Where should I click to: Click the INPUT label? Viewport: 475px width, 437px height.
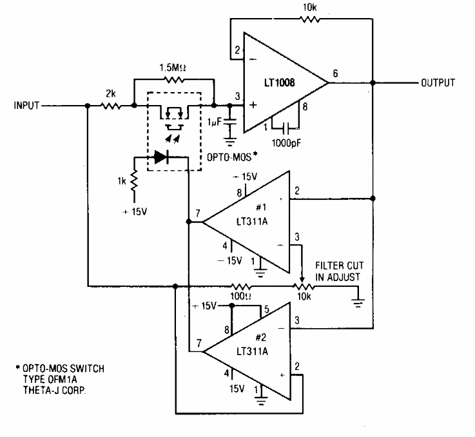tap(26, 106)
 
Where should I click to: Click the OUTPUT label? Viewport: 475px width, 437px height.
tap(438, 83)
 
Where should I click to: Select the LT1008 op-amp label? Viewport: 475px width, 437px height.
tap(279, 83)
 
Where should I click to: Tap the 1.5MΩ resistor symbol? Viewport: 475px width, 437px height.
tap(174, 80)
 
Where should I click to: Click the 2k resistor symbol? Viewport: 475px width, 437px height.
tap(111, 106)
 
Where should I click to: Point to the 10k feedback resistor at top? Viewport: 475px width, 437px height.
tap(310, 19)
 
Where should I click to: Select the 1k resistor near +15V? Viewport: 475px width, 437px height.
tap(134, 181)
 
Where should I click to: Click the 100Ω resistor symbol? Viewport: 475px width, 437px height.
tap(241, 286)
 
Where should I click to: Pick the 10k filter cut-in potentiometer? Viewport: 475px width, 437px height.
tap(303, 286)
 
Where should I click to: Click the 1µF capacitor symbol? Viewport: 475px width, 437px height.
tap(230, 122)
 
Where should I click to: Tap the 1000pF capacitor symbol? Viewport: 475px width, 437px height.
tap(286, 128)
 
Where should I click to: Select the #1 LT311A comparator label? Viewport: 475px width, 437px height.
tap(253, 215)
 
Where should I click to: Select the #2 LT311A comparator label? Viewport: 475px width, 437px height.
tap(253, 345)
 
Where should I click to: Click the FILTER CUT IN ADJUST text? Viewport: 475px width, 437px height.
tap(339, 271)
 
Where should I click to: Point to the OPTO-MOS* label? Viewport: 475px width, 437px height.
tap(232, 157)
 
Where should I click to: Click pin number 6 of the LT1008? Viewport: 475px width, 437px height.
tap(335, 73)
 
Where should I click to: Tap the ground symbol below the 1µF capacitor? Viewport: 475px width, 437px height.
tap(230, 142)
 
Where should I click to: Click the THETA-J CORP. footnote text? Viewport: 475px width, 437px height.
tap(54, 390)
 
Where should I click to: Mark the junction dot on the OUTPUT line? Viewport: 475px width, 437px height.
tap(373, 83)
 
